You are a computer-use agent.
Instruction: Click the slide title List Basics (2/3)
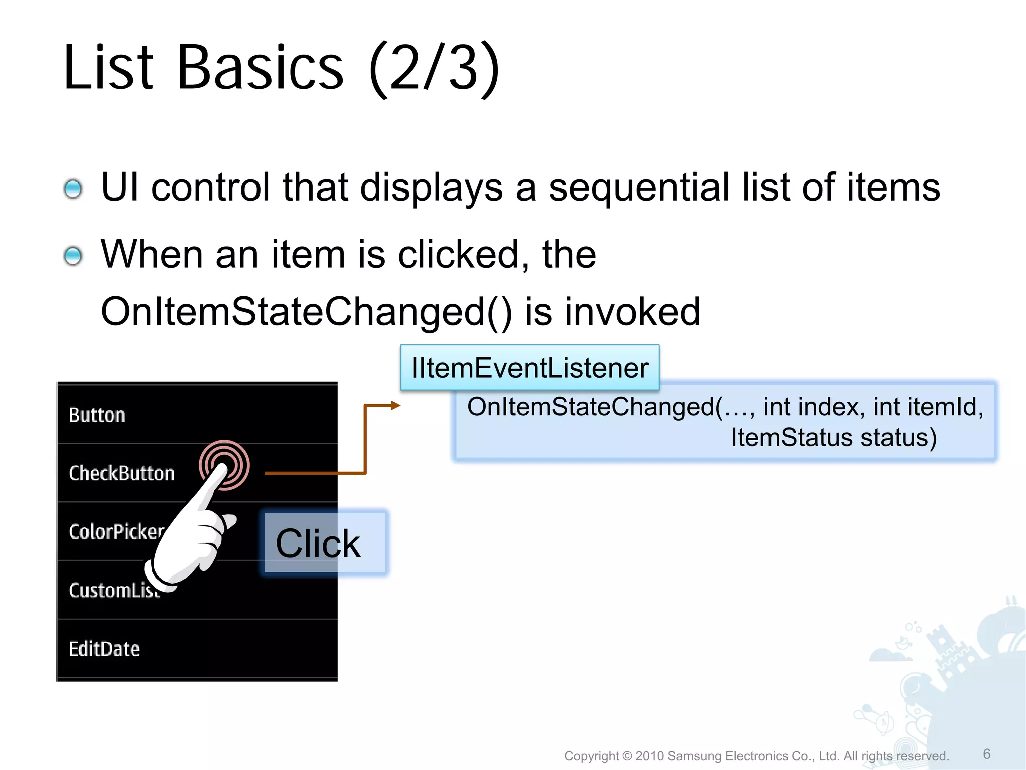point(281,68)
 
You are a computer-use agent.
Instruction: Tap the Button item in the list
point(97,415)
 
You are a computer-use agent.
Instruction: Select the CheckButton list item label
point(122,473)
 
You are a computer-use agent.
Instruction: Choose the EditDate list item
point(104,649)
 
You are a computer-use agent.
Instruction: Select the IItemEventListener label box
point(530,368)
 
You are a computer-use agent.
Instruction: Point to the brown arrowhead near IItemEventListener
point(396,405)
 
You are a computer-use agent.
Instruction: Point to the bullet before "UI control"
point(73,189)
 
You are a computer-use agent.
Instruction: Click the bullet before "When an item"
point(73,256)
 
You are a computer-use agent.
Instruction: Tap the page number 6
point(987,754)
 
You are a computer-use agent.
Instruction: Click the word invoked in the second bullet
point(632,312)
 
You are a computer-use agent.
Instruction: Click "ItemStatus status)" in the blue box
point(834,438)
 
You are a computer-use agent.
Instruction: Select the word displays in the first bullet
point(431,187)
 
